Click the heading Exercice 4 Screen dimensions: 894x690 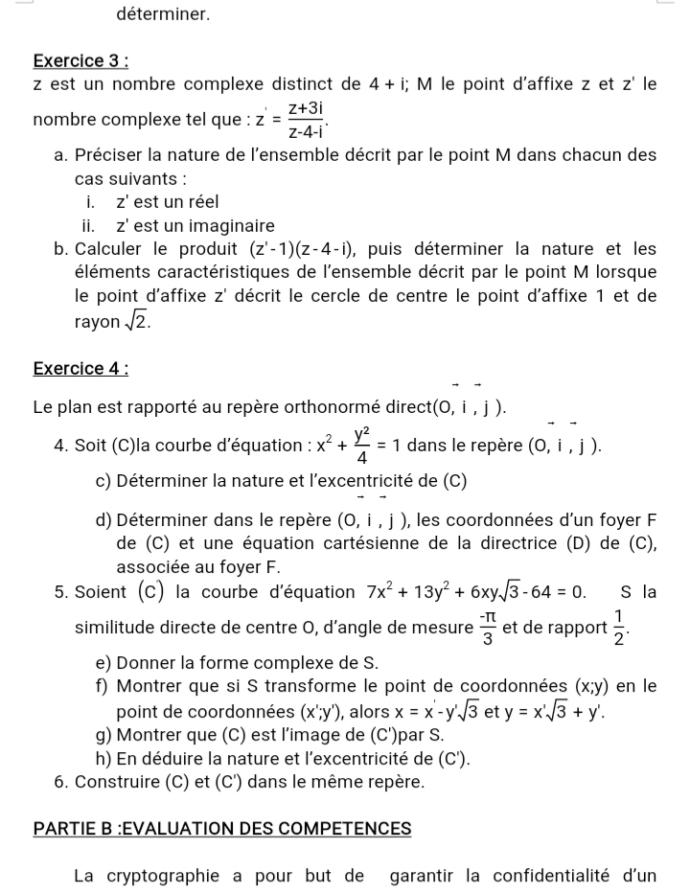80,368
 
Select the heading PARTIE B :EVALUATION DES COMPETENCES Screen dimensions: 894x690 221,828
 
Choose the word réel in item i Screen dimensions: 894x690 201,202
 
